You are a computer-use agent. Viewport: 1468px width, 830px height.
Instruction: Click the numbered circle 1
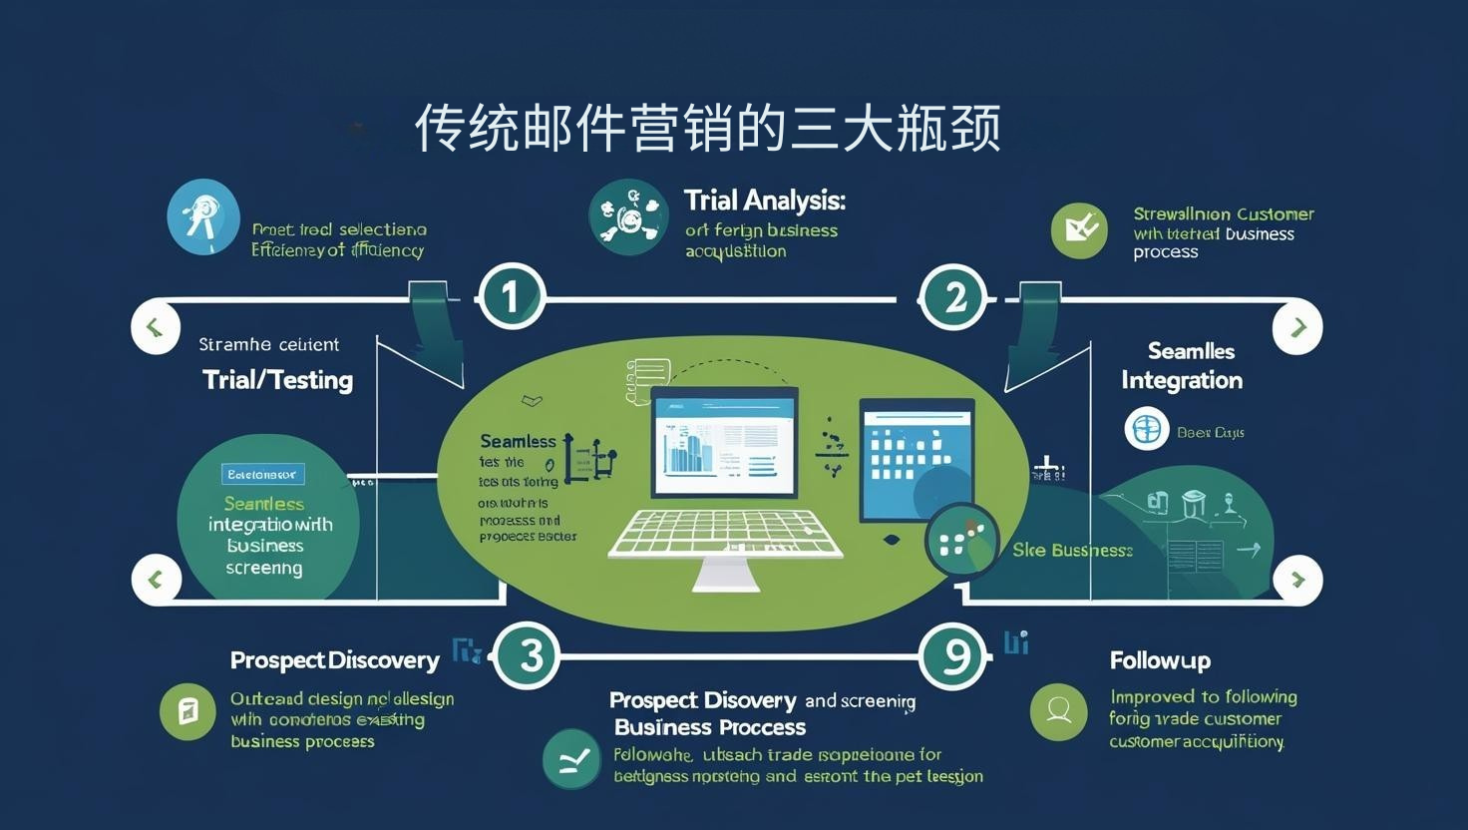tap(511, 296)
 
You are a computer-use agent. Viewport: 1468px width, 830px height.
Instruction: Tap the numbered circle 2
tap(954, 296)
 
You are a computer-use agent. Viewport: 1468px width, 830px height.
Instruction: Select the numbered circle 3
tap(529, 655)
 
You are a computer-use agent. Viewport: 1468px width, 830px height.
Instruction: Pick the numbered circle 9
tap(954, 655)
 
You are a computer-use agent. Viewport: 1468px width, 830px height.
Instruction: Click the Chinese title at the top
tap(707, 128)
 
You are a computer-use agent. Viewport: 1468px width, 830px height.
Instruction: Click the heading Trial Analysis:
tap(764, 201)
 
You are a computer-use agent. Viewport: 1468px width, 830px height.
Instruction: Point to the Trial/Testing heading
tap(277, 380)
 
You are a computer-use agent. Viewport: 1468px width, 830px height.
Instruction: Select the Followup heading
tap(1159, 660)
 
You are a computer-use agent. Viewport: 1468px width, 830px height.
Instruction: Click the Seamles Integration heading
tap(1182, 366)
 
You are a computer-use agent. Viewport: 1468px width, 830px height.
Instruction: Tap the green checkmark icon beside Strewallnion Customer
tap(1079, 230)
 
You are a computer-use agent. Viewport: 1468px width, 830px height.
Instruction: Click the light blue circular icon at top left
tap(203, 216)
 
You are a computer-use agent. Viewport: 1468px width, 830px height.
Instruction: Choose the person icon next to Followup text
tap(1058, 711)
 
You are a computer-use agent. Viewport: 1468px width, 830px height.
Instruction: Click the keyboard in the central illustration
tap(725, 534)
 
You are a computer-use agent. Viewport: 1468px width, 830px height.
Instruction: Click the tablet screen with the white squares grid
tap(916, 460)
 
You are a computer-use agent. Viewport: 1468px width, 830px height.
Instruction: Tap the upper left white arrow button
tap(156, 327)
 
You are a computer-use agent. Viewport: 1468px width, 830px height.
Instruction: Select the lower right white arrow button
tap(1297, 580)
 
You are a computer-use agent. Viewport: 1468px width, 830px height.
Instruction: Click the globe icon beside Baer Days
tap(1146, 429)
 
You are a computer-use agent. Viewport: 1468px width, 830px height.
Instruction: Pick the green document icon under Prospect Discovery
tap(187, 711)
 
